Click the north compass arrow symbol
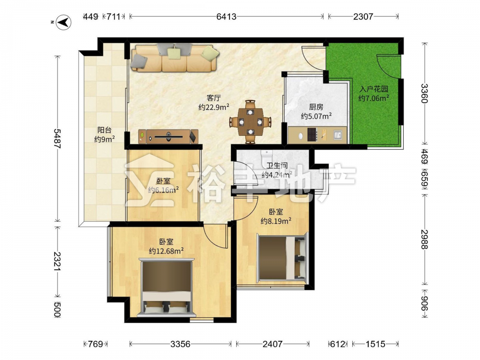(63, 23)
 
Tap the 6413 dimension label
(226, 16)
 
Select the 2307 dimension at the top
(363, 16)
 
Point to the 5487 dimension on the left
(57, 139)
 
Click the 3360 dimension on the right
(424, 94)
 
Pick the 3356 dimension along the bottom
(180, 344)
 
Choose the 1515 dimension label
(375, 344)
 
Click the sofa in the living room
(175, 58)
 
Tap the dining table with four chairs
(251, 122)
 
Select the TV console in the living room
(168, 136)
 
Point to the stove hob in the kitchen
(312, 134)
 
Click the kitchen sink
(338, 134)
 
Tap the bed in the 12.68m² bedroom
(167, 288)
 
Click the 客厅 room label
(214, 98)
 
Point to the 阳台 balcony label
(104, 130)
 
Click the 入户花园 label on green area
(374, 89)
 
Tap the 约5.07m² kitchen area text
(316, 116)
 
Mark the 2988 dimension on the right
(424, 239)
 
